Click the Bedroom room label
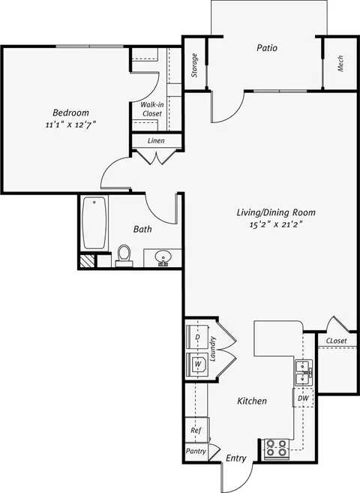click(x=70, y=113)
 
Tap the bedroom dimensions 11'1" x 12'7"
click(x=70, y=125)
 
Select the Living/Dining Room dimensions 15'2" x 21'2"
click(x=276, y=224)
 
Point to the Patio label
click(x=267, y=48)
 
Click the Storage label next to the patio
click(x=194, y=65)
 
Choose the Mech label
click(x=340, y=64)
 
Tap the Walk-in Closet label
click(x=152, y=109)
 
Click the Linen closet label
click(x=156, y=140)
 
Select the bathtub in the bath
click(x=94, y=223)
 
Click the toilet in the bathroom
click(x=124, y=256)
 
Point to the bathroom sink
click(x=163, y=258)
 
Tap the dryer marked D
click(x=197, y=337)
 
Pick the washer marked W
click(x=197, y=365)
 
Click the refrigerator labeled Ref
click(x=196, y=430)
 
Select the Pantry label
click(x=196, y=451)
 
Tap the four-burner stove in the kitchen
click(x=277, y=448)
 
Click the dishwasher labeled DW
click(x=303, y=398)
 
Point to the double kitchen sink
click(x=304, y=373)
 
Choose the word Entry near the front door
click(x=236, y=458)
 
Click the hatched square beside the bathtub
click(x=87, y=261)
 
